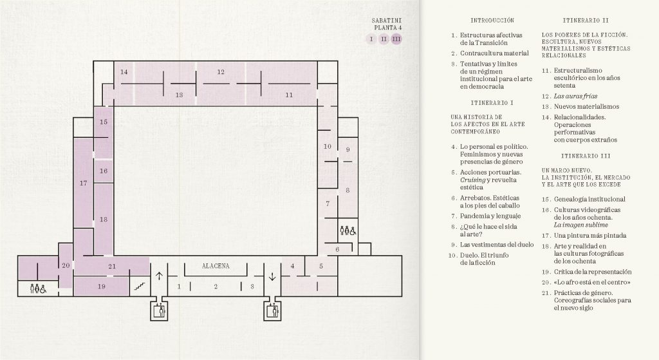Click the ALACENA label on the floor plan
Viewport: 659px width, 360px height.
tap(216, 266)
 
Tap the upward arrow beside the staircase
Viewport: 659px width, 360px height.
tap(159, 276)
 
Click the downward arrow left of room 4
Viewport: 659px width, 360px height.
tap(272, 276)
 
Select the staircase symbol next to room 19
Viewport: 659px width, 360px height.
tap(139, 287)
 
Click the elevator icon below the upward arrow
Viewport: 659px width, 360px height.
tap(160, 311)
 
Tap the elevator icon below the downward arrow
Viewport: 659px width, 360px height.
tap(272, 311)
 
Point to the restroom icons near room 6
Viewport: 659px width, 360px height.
tap(348, 231)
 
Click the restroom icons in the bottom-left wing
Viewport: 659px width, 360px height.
tap(38, 289)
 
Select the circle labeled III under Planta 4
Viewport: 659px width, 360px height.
tap(396, 39)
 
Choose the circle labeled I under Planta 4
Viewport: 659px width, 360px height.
tap(371, 39)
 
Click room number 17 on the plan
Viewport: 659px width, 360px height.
tap(83, 183)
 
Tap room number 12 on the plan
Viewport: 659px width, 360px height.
tap(221, 72)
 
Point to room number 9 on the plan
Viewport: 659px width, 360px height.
tap(348, 149)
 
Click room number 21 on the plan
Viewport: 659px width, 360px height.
tap(112, 266)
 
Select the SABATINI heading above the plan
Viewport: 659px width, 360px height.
tap(387, 20)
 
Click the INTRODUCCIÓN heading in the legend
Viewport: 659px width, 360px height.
tap(492, 20)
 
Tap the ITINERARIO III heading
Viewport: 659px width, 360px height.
tap(586, 156)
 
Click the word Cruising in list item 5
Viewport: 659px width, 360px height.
tap(472, 180)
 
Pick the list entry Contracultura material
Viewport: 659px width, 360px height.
tap(494, 53)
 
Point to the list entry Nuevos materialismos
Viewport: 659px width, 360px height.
tap(586, 107)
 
